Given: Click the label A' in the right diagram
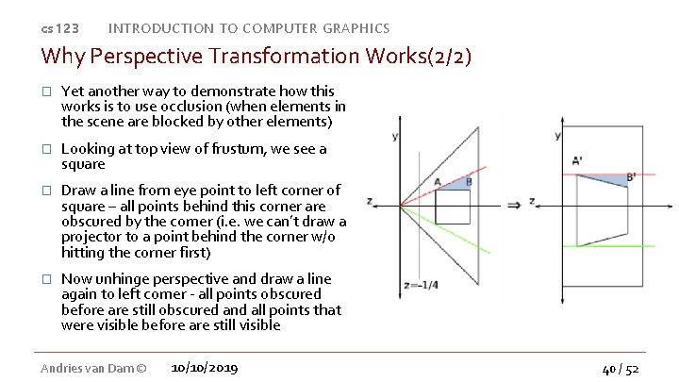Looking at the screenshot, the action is (x=577, y=160).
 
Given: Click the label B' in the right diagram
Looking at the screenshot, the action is (x=631, y=176).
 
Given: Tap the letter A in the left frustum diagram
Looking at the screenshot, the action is (x=438, y=182).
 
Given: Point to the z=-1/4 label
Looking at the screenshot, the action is (x=419, y=285).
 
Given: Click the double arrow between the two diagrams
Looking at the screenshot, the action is (x=514, y=204).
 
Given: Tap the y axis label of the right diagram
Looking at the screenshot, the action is (x=558, y=136).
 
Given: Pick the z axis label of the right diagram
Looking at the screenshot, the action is (x=533, y=202).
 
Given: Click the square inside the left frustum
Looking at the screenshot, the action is (x=452, y=207).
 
